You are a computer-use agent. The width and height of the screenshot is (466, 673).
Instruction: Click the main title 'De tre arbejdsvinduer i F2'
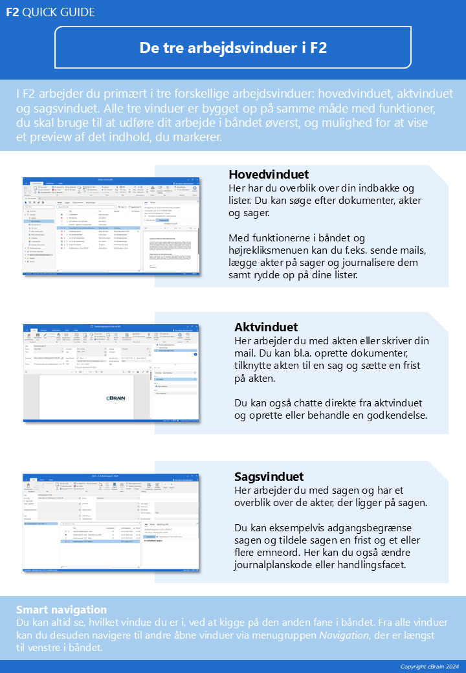point(233,47)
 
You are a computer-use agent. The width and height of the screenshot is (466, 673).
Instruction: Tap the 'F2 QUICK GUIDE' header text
point(50,12)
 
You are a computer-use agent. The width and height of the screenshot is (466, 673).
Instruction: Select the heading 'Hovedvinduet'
point(269,175)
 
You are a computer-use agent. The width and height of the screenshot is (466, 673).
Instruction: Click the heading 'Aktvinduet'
point(266,327)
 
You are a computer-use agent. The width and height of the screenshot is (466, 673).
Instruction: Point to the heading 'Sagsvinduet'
point(269,477)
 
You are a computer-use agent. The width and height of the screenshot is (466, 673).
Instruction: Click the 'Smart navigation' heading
point(61,610)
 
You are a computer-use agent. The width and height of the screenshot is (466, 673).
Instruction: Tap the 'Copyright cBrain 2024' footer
point(429,667)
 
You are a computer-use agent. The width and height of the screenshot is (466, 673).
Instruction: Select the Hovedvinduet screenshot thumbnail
point(112,226)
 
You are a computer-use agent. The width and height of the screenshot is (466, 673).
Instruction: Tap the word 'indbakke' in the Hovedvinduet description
point(370,188)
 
